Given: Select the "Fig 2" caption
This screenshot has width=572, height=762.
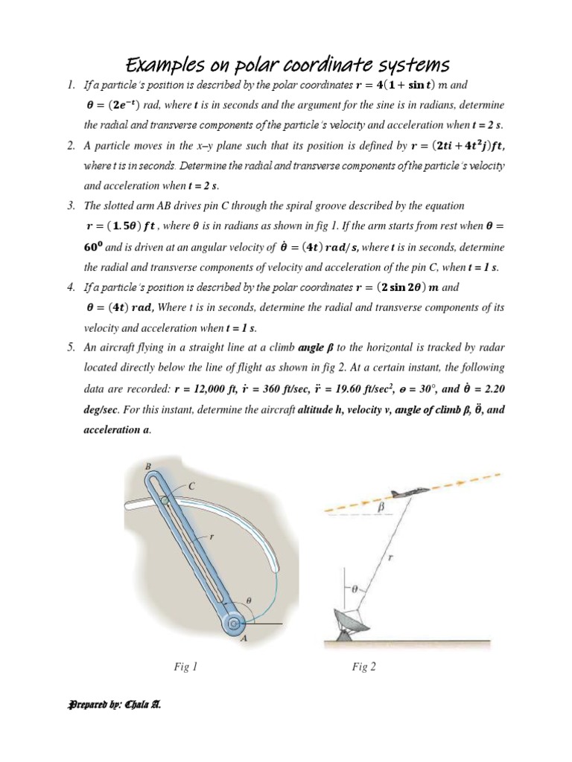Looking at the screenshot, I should pos(364,667).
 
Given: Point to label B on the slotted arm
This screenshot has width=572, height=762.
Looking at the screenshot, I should pos(147,467).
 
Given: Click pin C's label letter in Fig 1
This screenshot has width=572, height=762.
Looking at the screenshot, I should pos(191,485).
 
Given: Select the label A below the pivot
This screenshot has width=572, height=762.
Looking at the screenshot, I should pos(244,637).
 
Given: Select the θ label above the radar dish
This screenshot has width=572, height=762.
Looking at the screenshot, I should pos(355,588).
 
